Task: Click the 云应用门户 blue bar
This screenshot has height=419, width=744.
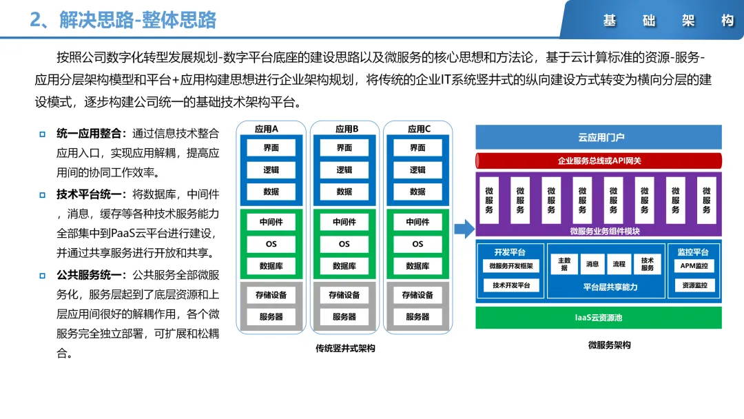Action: (x=599, y=137)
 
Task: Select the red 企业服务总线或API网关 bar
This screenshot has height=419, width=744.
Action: (x=599, y=161)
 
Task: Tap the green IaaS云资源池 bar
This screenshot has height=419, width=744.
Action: (x=599, y=318)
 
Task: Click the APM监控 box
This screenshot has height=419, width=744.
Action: (x=693, y=266)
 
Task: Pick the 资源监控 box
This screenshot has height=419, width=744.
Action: (x=694, y=285)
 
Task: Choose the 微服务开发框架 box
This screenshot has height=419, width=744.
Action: (x=510, y=266)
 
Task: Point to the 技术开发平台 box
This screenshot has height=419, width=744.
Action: (x=510, y=285)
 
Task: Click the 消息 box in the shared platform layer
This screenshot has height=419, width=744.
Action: (x=592, y=264)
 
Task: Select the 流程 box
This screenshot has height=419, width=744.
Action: (x=619, y=264)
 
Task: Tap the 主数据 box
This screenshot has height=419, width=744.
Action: (x=564, y=264)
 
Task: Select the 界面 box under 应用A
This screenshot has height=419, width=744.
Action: (x=271, y=147)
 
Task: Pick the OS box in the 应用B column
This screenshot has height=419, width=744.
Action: (x=344, y=244)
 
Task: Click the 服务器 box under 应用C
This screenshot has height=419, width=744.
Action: (x=417, y=317)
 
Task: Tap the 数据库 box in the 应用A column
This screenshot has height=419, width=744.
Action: (x=271, y=266)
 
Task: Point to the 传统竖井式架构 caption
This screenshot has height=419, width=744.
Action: (x=345, y=349)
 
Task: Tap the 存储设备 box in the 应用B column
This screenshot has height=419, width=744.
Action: (x=344, y=295)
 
